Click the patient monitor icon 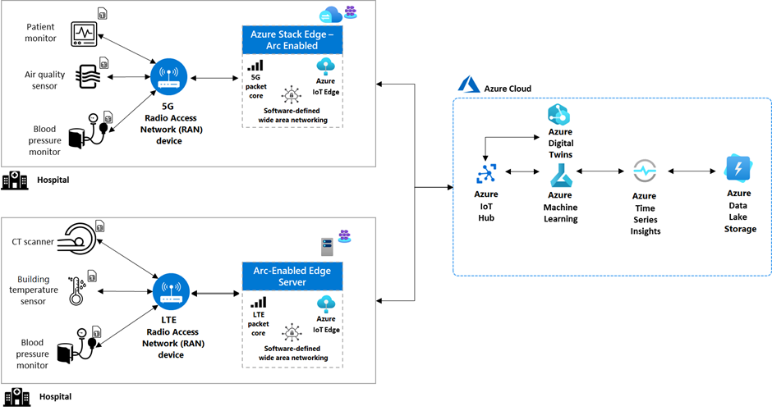(85, 34)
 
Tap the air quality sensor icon (88, 76)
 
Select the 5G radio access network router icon (169, 77)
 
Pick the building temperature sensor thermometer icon (77, 290)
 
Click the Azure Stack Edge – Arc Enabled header (292, 40)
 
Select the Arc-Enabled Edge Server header (292, 276)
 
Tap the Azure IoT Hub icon (486, 174)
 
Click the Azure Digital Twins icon (558, 115)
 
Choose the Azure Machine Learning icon (561, 176)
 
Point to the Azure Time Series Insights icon (645, 171)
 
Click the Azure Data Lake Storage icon (738, 169)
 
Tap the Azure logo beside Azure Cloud (468, 84)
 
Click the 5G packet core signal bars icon (255, 66)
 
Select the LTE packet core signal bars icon (259, 303)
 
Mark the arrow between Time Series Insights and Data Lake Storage (692, 171)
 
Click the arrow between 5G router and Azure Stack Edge (214, 78)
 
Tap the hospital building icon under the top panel (15, 180)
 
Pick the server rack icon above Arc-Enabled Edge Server (327, 247)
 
